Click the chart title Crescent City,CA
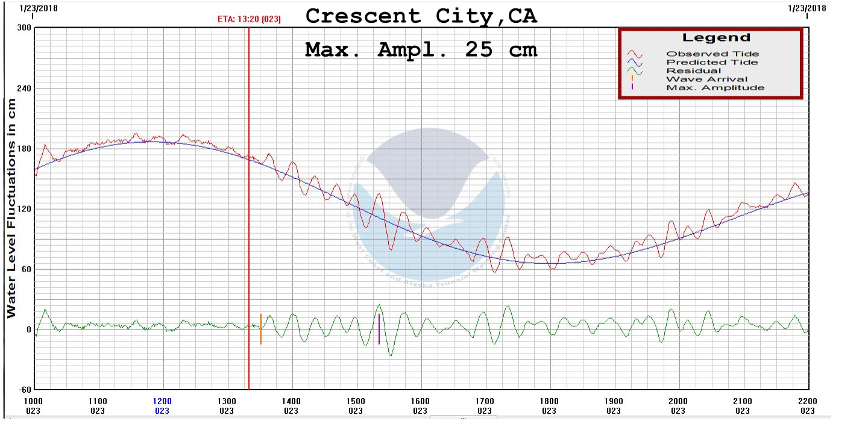point(421,16)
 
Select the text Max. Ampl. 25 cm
point(421,49)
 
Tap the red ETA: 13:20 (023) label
point(249,19)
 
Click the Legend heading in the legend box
point(716,38)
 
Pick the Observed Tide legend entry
point(712,54)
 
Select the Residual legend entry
point(693,71)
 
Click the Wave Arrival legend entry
point(706,79)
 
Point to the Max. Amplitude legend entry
point(714,88)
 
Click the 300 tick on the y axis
point(24,28)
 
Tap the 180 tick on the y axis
point(24,149)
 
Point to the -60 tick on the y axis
point(24,390)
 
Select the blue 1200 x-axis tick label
point(162,402)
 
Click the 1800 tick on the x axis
point(549,402)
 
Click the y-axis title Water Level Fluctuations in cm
point(11,208)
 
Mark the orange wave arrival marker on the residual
point(260,329)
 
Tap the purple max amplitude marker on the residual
point(379,329)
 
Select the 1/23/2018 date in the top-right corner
point(807,8)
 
